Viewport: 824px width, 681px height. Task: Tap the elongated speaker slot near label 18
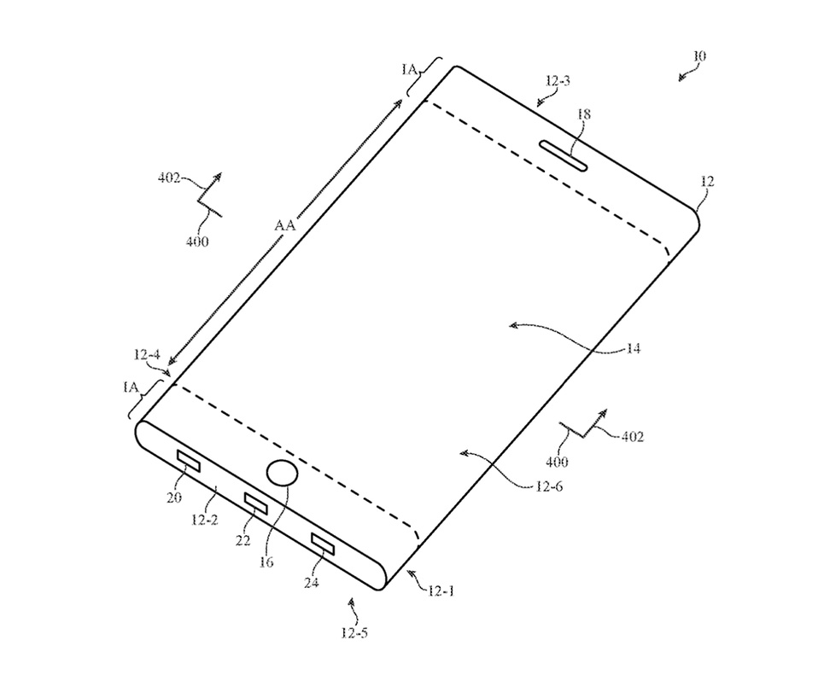[x=563, y=155]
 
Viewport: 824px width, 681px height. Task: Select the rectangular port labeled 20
[x=189, y=461]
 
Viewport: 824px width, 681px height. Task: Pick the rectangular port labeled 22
[x=255, y=504]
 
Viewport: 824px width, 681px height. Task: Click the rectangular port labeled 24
[x=322, y=544]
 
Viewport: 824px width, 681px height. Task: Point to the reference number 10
[x=699, y=56]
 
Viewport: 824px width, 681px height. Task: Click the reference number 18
[x=583, y=114]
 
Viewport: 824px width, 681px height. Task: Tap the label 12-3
[x=558, y=81]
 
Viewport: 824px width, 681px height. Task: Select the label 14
[x=634, y=348]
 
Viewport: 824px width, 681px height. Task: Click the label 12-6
[x=549, y=486]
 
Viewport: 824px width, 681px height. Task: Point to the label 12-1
[x=441, y=591]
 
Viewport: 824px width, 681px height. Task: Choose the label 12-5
[x=354, y=633]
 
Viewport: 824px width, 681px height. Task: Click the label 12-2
[x=204, y=520]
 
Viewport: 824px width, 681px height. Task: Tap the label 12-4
[x=147, y=355]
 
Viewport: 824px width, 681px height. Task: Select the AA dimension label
[x=285, y=225]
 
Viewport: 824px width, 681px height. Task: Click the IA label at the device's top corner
[x=409, y=69]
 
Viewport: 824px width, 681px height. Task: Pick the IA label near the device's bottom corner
[x=131, y=387]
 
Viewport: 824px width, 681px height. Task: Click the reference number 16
[x=266, y=562]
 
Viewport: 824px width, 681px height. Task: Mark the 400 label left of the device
[x=197, y=242]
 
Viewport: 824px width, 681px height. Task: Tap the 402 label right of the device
[x=633, y=437]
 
